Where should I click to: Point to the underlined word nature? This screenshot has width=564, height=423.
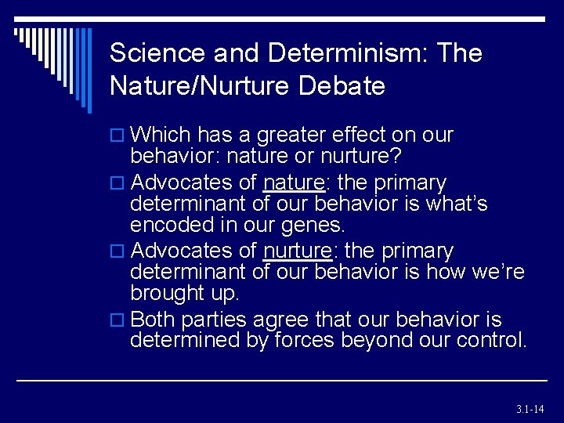point(294,183)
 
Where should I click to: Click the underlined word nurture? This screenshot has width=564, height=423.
point(298,251)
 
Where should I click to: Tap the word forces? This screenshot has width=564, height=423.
point(298,340)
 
